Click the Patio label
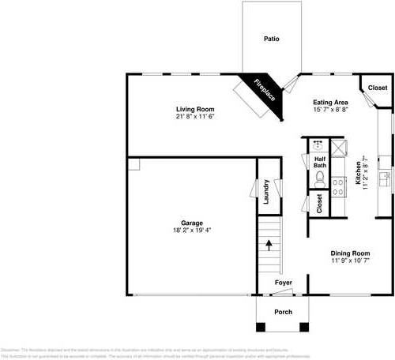[x=271, y=38]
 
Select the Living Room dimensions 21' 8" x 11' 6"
[x=195, y=116]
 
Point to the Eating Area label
[x=331, y=102]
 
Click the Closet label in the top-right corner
[x=378, y=88]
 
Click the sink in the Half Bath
[x=318, y=145]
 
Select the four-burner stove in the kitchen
[x=338, y=186]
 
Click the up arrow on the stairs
[x=269, y=245]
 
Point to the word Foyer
[x=283, y=283]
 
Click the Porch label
[x=282, y=312]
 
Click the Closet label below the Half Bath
[x=319, y=204]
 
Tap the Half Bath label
[x=320, y=162]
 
